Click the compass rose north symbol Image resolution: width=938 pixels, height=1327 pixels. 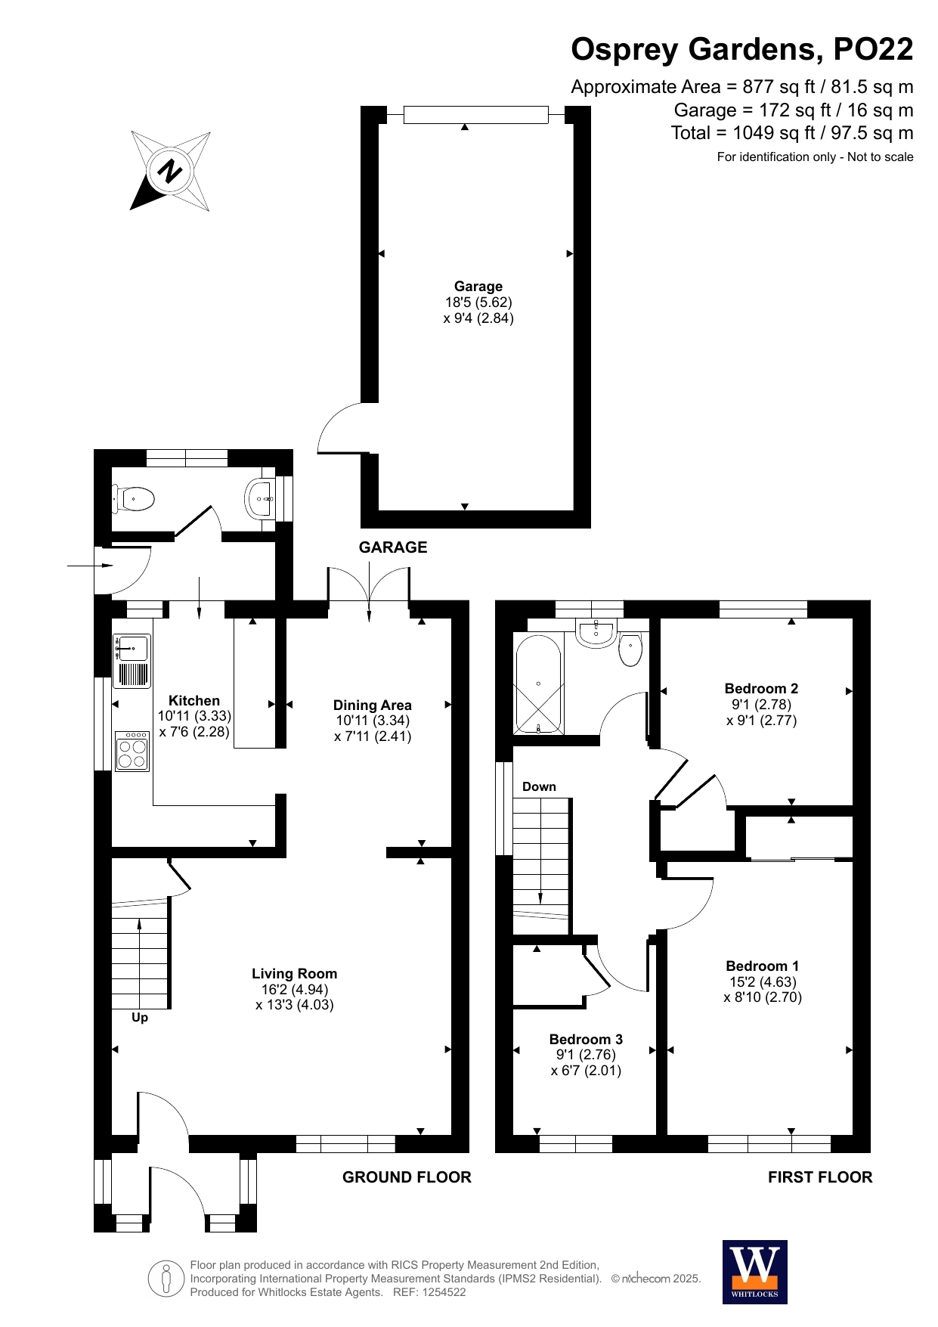tap(170, 171)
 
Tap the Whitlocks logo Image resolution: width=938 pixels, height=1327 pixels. tap(754, 1272)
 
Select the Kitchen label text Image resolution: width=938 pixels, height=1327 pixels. tap(194, 700)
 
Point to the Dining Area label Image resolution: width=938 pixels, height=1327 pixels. tap(373, 705)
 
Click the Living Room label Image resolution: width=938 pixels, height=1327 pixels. tap(295, 974)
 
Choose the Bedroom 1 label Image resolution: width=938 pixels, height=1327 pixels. tap(762, 966)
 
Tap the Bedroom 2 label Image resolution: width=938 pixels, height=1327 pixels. tap(761, 688)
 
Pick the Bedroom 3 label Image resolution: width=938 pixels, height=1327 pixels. tap(586, 1039)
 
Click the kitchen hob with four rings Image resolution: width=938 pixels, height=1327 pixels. tap(132, 751)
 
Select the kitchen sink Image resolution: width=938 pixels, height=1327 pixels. tap(132, 661)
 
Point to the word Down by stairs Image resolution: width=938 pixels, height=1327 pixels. tap(539, 786)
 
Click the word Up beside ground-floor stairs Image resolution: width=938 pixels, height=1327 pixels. tap(140, 1018)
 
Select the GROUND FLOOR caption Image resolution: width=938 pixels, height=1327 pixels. tap(407, 1177)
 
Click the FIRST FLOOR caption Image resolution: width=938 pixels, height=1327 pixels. tap(820, 1177)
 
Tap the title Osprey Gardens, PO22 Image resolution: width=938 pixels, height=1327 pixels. tap(742, 49)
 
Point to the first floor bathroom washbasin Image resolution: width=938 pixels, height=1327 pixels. tap(596, 634)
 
